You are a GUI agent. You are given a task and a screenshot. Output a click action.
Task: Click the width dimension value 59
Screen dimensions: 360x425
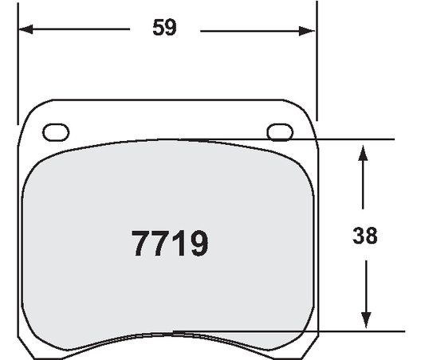[x=164, y=28]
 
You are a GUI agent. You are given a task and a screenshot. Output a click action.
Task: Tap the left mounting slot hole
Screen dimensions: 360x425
[x=55, y=131]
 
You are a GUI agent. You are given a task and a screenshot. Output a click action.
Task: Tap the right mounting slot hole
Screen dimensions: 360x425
[x=280, y=131]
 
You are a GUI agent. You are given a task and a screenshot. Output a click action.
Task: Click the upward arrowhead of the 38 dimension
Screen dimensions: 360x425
[x=364, y=151]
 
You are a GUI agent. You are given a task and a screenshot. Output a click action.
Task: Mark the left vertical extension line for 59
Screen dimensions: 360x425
[x=18, y=64]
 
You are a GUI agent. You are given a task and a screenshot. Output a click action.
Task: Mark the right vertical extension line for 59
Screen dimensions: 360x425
[x=317, y=64]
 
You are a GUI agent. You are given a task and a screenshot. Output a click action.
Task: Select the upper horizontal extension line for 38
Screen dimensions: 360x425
[x=351, y=139]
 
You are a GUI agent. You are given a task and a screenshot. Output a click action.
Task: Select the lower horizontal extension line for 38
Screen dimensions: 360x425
[x=351, y=331]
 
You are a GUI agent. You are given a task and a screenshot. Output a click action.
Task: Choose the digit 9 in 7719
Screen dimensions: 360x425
[x=197, y=243]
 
